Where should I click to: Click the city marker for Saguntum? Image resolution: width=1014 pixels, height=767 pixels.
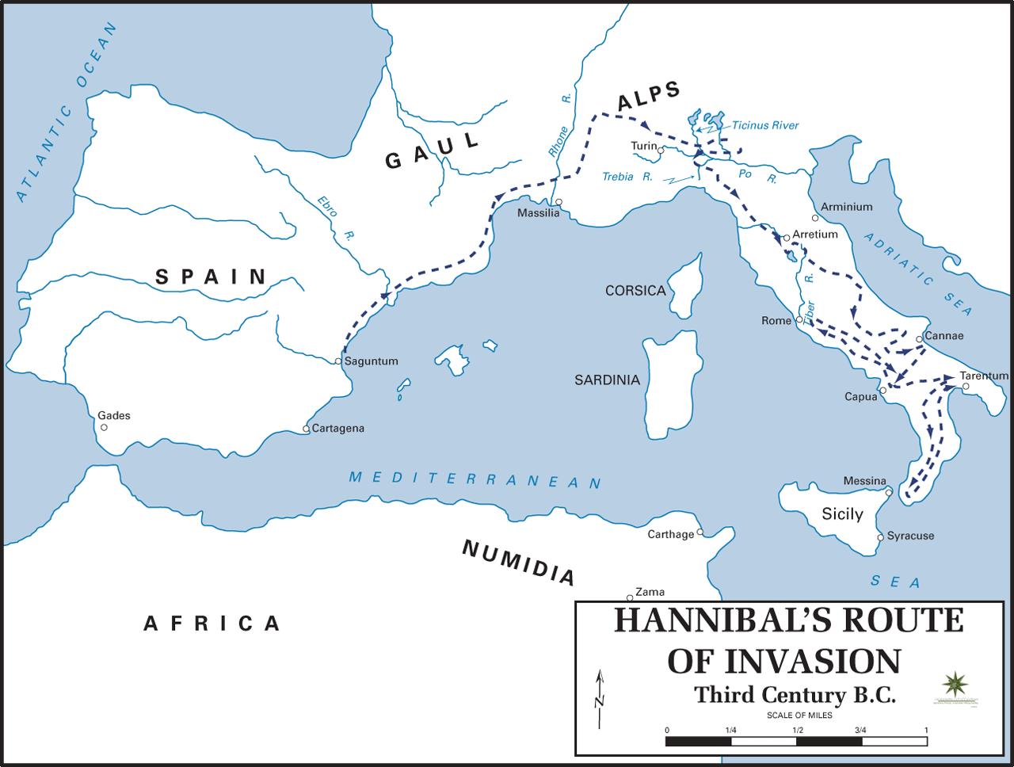click(338, 361)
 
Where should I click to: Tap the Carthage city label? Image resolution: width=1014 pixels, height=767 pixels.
click(670, 535)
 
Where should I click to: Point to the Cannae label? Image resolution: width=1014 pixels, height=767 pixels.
click(944, 336)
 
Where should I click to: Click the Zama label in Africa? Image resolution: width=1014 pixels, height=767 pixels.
click(650, 592)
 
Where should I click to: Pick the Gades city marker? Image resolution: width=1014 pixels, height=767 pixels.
click(104, 427)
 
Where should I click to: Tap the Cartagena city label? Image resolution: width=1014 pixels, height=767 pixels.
click(338, 429)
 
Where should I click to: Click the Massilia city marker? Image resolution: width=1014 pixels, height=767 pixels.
click(558, 202)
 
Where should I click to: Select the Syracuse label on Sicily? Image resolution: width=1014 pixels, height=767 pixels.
click(910, 536)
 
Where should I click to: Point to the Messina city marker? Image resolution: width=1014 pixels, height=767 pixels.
click(889, 493)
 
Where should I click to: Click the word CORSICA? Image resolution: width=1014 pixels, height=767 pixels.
click(635, 291)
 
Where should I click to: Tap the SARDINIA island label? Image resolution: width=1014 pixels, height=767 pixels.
click(607, 380)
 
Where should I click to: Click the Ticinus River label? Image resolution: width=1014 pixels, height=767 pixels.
click(765, 125)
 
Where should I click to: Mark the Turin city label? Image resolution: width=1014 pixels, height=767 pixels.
click(643, 146)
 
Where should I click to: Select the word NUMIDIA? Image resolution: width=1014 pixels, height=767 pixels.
click(518, 562)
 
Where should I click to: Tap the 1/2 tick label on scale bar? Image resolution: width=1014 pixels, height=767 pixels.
click(795, 730)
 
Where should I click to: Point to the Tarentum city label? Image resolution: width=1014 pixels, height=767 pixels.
click(984, 376)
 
